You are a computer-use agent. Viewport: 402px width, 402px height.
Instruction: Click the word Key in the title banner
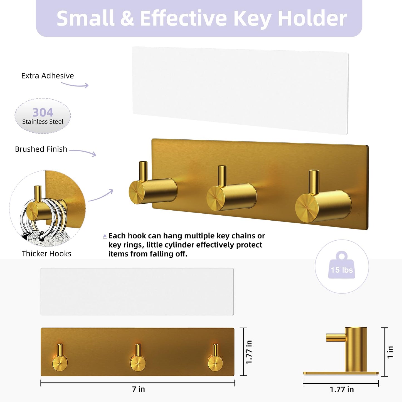coord(252,18)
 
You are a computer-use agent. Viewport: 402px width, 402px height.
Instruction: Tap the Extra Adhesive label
coord(48,76)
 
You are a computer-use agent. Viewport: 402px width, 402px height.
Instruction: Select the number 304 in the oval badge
coord(43,112)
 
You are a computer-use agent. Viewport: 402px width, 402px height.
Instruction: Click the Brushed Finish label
coord(41,149)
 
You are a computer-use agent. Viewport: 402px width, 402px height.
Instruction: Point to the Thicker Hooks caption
coord(46,253)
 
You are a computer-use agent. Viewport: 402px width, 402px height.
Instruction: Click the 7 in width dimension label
coord(138,389)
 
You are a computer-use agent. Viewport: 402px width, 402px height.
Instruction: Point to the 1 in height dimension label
coord(390,352)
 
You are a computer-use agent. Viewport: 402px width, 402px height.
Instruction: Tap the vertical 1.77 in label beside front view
coord(249,352)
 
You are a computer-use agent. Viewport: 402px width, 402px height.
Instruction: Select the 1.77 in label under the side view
coord(342,389)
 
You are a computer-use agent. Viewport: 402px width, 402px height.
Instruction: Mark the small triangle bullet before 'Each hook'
coord(105,236)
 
